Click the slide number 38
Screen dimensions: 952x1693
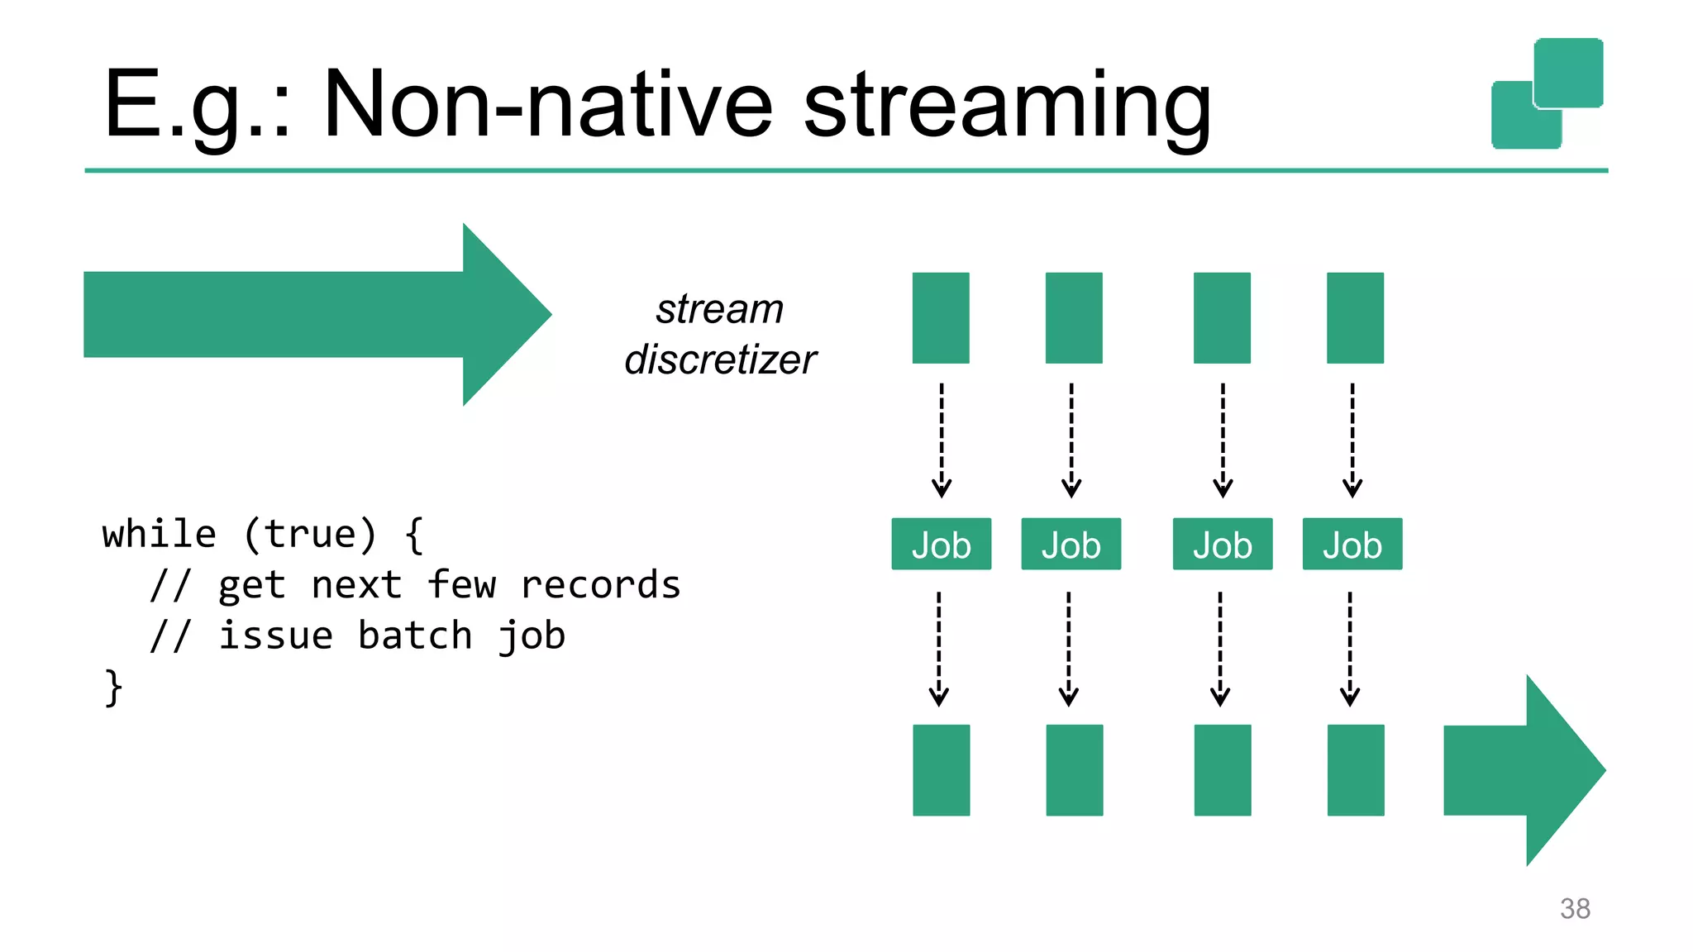click(x=1574, y=908)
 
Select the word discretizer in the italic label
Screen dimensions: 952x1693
click(x=720, y=359)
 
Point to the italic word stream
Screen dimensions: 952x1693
click(x=719, y=309)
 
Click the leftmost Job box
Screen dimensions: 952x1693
click(x=941, y=545)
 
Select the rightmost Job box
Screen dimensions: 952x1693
click(x=1352, y=545)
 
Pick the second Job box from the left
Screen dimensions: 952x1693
click(x=1071, y=545)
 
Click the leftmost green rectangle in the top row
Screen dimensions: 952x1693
click(x=941, y=318)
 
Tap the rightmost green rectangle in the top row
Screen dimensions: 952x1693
click(x=1355, y=318)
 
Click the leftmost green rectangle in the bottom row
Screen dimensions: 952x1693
click(x=941, y=770)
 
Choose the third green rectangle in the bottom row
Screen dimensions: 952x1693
click(x=1222, y=770)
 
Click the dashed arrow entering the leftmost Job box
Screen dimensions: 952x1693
click(x=941, y=440)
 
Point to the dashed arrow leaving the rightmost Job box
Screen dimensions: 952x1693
click(x=1350, y=649)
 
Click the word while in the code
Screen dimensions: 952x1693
click(x=159, y=534)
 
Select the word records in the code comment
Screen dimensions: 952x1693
click(x=600, y=585)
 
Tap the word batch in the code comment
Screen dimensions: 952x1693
click(x=414, y=635)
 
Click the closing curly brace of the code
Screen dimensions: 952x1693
click(x=113, y=687)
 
